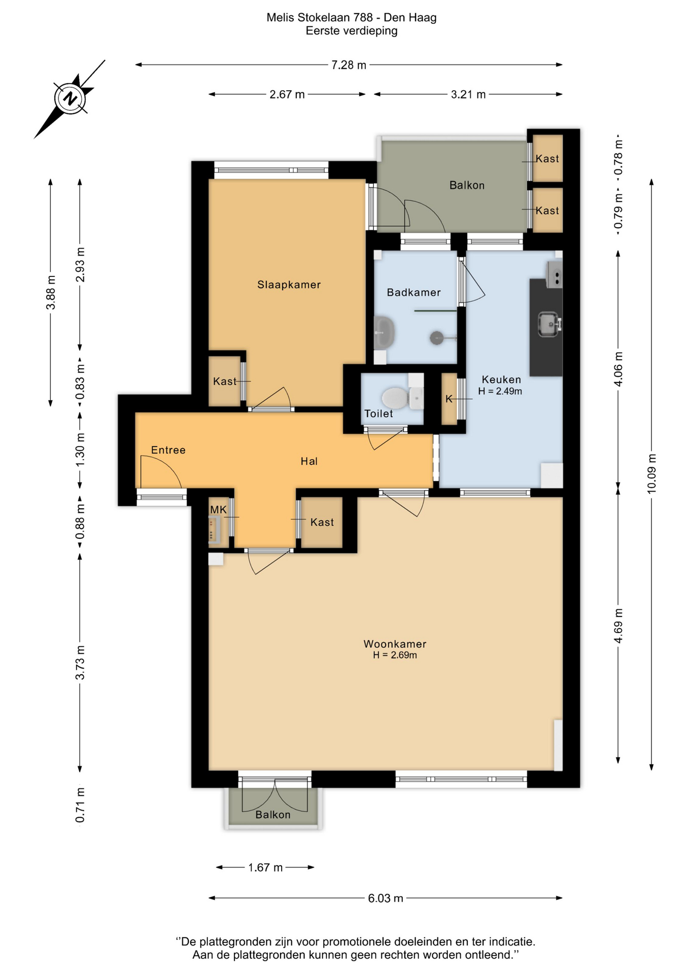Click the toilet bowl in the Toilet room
[x=395, y=398]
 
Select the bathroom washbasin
[x=385, y=333]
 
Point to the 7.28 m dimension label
[x=349, y=65]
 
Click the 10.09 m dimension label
[x=652, y=473]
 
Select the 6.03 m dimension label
[x=386, y=898]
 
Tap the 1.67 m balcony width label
[x=265, y=867]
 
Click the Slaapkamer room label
[x=289, y=285]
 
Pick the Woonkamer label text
[x=395, y=644]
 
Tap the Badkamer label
[x=414, y=292]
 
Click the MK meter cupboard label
[x=219, y=509]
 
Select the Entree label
[x=168, y=450]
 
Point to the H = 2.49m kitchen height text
[x=500, y=391]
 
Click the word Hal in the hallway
[x=309, y=461]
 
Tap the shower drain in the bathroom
[x=437, y=337]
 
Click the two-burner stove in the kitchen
[x=555, y=274]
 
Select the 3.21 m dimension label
[x=468, y=94]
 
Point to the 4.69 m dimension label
[x=618, y=625]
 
